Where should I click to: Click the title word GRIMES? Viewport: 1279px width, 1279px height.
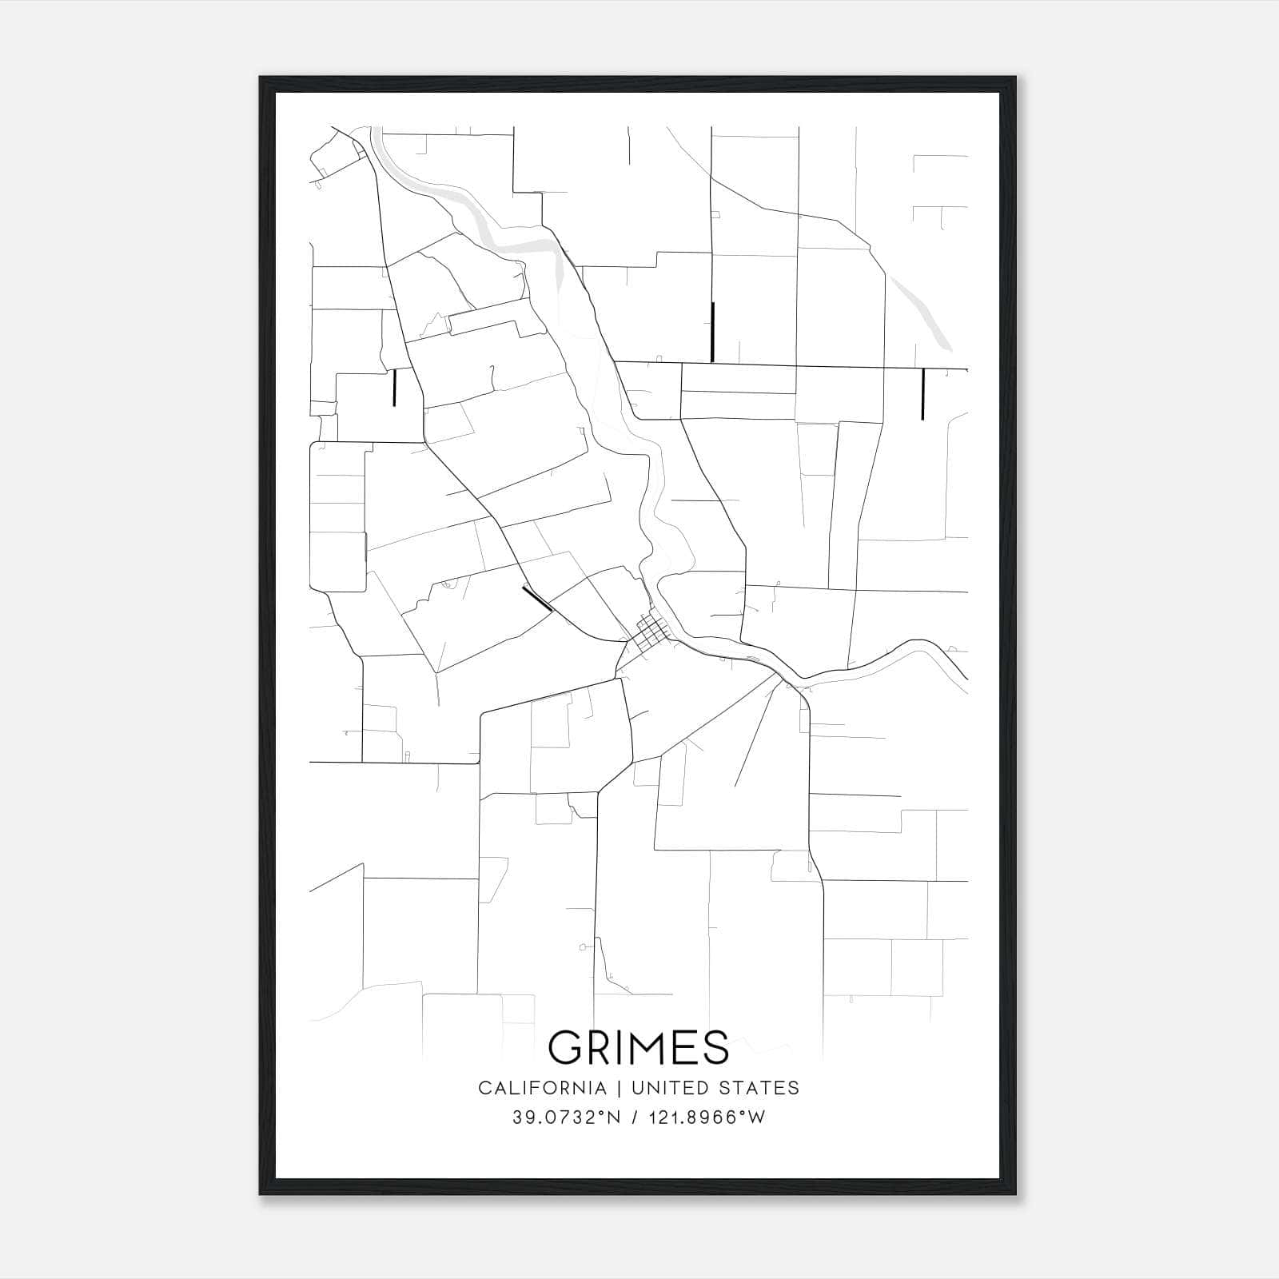pyautogui.click(x=639, y=1047)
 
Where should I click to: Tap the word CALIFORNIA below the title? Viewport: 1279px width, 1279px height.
pyautogui.click(x=542, y=1088)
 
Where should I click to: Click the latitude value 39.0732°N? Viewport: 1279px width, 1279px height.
pyautogui.click(x=567, y=1118)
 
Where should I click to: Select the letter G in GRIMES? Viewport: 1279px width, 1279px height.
pyautogui.click(x=566, y=1047)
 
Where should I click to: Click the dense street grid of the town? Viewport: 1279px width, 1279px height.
pyautogui.click(x=653, y=632)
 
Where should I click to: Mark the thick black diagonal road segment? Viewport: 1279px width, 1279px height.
pyautogui.click(x=537, y=599)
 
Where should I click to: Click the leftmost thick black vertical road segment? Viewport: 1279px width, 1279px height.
pyautogui.click(x=394, y=387)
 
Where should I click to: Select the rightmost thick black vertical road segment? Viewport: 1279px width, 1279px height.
pyautogui.click(x=922, y=393)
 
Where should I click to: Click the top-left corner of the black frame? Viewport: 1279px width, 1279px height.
pyautogui.click(x=261, y=78)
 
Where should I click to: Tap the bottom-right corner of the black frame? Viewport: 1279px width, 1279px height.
pyautogui.click(x=1016, y=1194)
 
